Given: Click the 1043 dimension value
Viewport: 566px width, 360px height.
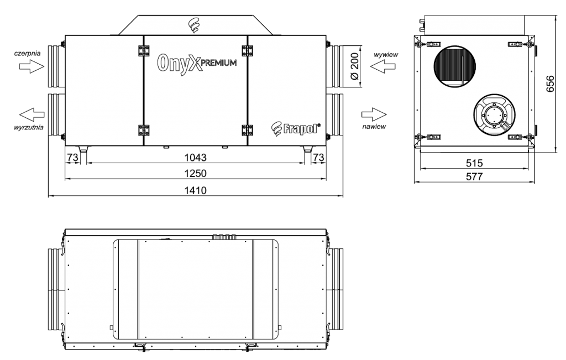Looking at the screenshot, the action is (195, 158).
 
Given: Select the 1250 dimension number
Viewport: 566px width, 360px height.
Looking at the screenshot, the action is (195, 173).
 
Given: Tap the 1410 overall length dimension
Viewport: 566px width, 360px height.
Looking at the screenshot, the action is (195, 190).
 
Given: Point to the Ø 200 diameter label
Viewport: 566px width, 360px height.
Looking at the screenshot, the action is (355, 66).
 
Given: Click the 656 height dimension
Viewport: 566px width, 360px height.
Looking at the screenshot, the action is (550, 84).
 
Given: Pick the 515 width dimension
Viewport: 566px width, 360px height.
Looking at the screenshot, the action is (474, 163).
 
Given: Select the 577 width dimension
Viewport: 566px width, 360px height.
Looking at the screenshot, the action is (474, 176).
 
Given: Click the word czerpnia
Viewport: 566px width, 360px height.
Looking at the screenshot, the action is (28, 54).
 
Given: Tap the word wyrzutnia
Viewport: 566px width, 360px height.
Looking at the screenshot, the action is (29, 127).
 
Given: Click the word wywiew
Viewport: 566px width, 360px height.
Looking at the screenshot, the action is (386, 55).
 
